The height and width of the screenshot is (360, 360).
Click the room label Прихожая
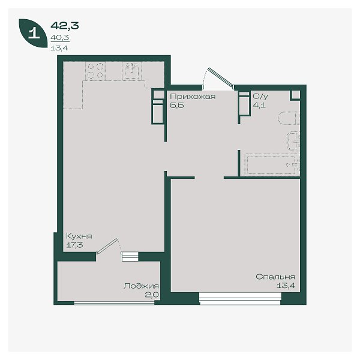[x=193, y=97]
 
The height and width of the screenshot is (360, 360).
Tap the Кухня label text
[x=79, y=236]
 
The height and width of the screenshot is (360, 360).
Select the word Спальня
[x=275, y=277]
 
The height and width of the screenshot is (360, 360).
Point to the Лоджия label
[x=141, y=286]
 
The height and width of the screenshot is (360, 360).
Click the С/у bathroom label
[x=260, y=97]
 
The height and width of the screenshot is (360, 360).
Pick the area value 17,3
[x=74, y=245]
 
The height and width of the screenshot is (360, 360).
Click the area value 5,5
[x=177, y=106]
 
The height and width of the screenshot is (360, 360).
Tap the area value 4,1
[x=259, y=105]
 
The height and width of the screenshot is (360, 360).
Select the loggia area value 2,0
[x=152, y=295]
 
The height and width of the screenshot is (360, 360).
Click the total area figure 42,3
[x=65, y=25]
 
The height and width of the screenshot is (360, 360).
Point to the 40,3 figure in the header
[x=59, y=37]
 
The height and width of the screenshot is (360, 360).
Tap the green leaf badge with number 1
[x=33, y=33]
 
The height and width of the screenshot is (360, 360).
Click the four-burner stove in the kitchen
[x=95, y=71]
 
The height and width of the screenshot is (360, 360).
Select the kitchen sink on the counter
[x=132, y=71]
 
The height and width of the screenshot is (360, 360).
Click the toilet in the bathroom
[x=289, y=118]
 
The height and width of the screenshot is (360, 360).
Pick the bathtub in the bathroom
[x=272, y=165]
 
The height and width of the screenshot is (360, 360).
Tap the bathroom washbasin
[x=293, y=141]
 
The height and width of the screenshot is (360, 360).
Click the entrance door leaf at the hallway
[x=221, y=77]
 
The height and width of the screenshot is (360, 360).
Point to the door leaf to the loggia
[x=107, y=246]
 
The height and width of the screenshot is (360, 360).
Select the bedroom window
[x=240, y=298]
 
